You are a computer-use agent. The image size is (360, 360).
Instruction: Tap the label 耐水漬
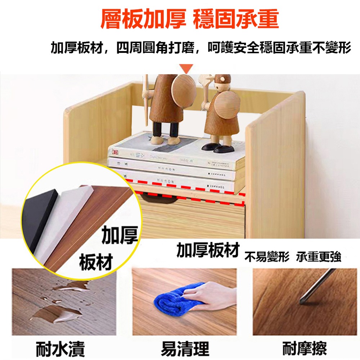(x=60, y=348)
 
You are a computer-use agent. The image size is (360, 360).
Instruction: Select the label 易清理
(x=184, y=348)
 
